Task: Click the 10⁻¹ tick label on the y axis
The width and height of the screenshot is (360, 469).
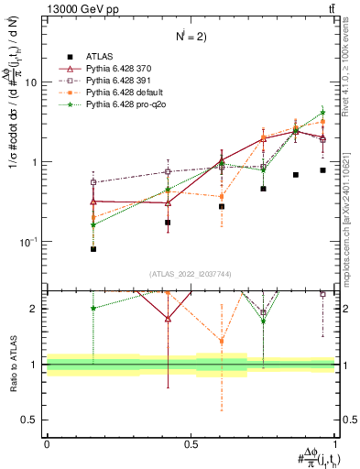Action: pyautogui.click(x=28, y=242)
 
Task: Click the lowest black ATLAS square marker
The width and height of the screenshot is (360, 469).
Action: pyautogui.click(x=93, y=249)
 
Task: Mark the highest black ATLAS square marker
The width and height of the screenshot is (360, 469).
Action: pyautogui.click(x=322, y=170)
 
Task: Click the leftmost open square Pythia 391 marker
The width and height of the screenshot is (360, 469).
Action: pyautogui.click(x=93, y=182)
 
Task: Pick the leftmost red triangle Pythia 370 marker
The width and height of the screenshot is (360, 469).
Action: pyautogui.click(x=93, y=201)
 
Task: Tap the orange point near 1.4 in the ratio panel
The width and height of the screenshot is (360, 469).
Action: pyautogui.click(x=222, y=342)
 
